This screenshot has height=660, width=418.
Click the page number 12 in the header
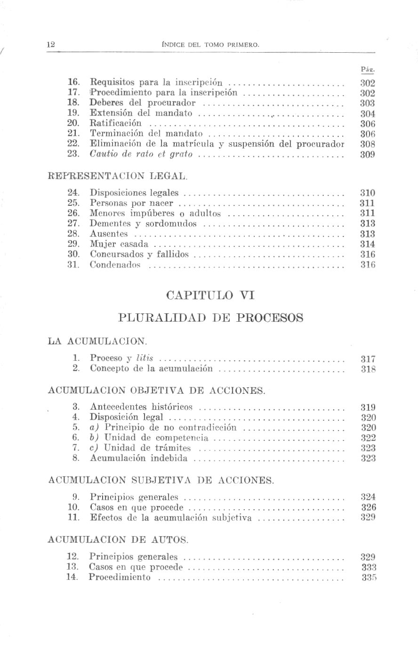tap(51, 45)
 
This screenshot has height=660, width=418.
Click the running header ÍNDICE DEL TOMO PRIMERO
tap(210, 45)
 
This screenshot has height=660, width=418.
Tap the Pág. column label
tap(367, 70)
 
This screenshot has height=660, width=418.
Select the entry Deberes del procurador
tap(142, 103)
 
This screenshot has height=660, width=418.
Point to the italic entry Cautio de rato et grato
tap(141, 154)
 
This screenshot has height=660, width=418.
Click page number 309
tap(367, 155)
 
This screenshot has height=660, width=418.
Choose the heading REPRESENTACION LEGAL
tap(118, 177)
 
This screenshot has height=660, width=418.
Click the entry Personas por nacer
tap(131, 203)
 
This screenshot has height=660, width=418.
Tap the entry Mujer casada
tap(119, 244)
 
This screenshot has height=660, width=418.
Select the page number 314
tap(367, 244)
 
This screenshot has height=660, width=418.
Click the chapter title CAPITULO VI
tap(210, 295)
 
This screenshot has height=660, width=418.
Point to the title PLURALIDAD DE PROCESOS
tap(210, 318)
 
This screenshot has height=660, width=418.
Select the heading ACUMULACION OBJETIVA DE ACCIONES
tap(157, 391)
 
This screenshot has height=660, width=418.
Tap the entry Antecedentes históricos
tap(141, 407)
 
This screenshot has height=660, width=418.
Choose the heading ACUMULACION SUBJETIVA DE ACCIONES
tap(161, 481)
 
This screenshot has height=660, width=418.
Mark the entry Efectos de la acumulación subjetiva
tap(170, 518)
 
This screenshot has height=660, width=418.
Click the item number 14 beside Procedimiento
tap(72, 577)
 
